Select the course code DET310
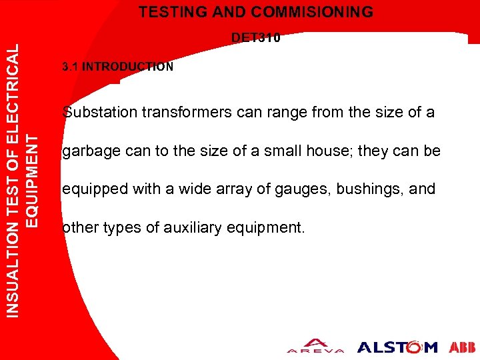255,38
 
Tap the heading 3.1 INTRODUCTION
117,67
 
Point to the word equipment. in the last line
265,228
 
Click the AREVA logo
315,345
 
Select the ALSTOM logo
397,347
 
